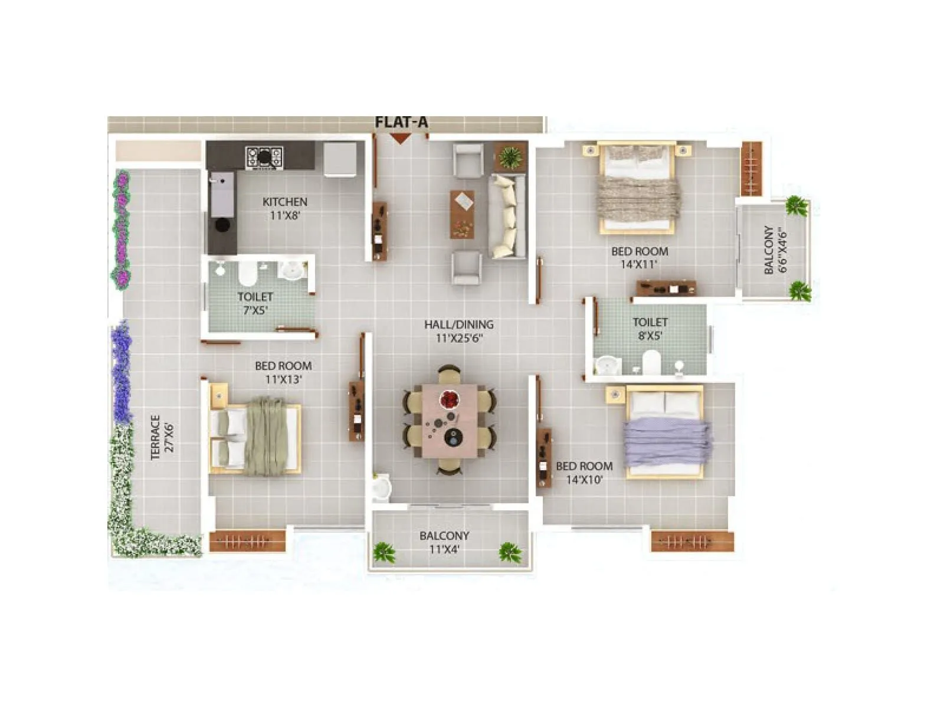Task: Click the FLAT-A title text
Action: coord(401,122)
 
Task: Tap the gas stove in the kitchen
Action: coord(264,157)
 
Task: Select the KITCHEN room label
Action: coord(284,202)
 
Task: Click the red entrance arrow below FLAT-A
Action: coord(401,139)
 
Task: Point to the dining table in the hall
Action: coord(450,420)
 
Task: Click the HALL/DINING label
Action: coord(458,324)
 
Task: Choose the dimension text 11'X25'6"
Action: coord(459,338)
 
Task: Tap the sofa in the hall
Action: coord(507,216)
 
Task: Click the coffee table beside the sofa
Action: coord(462,214)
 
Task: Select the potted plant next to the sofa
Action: coord(510,157)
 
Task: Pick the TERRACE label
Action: coord(155,437)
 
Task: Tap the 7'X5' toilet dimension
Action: coord(255,310)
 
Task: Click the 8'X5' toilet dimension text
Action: coord(650,336)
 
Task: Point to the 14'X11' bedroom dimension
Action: coord(639,264)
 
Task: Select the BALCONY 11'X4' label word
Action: coord(444,536)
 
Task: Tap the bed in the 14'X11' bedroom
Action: coord(637,188)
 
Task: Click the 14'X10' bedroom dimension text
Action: coord(584,480)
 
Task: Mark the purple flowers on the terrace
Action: coord(122,372)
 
